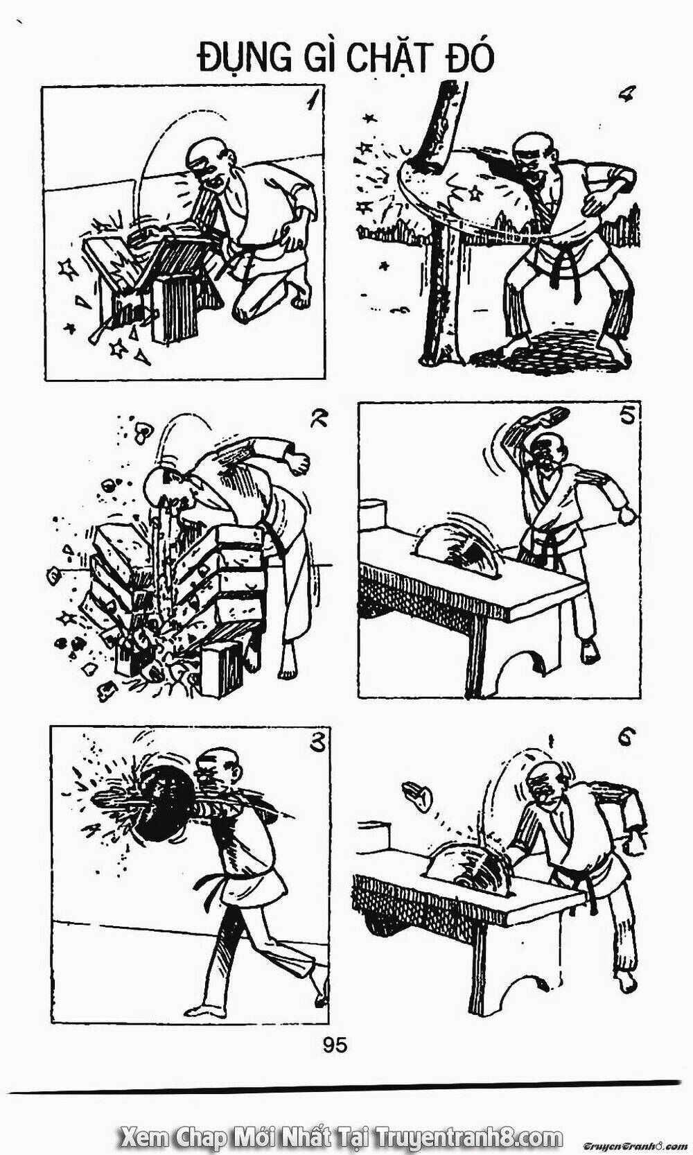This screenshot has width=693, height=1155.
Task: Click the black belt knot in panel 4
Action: pyautogui.click(x=554, y=268)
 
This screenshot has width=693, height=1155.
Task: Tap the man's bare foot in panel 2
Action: pyautogui.click(x=287, y=669)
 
